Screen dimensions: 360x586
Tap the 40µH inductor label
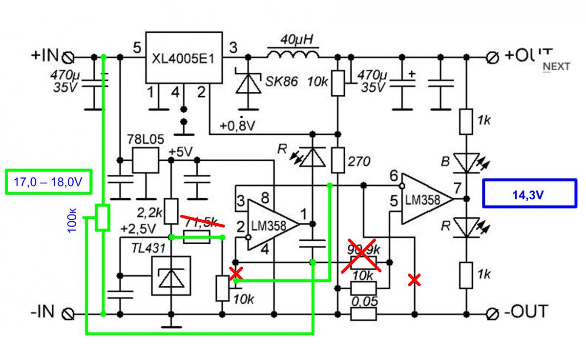click(x=293, y=38)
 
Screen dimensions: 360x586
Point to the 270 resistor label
click(x=359, y=162)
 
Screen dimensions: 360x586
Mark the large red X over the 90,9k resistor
click(x=361, y=254)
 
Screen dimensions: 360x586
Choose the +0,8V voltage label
click(x=237, y=126)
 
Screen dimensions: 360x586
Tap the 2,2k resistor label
click(x=149, y=212)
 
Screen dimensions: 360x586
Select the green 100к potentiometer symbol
click(x=102, y=217)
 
